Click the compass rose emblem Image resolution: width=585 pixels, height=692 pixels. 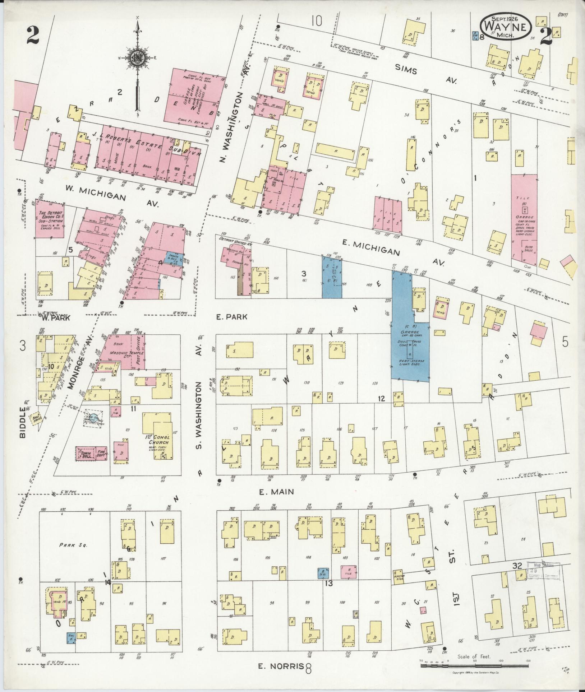tap(137, 58)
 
